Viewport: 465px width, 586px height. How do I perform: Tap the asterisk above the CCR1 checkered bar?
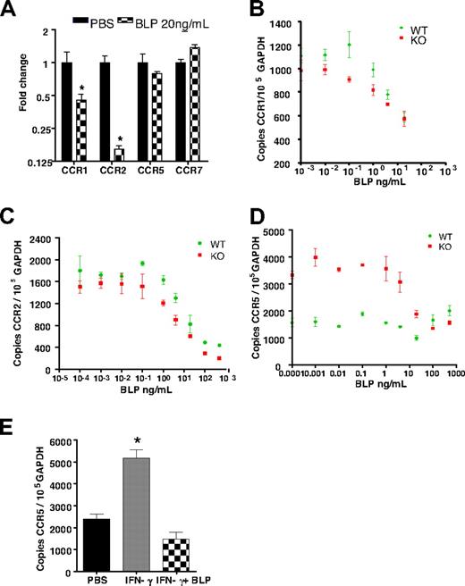[x=80, y=90]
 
